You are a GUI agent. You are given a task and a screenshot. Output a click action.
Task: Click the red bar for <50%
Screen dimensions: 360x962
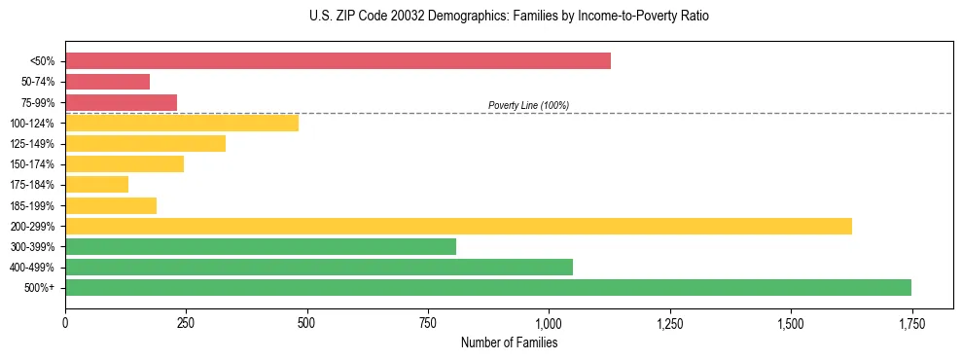point(338,61)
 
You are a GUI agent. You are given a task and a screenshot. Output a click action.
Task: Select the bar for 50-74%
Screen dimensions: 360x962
point(107,82)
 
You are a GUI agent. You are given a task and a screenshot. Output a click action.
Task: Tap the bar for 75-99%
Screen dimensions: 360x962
point(121,102)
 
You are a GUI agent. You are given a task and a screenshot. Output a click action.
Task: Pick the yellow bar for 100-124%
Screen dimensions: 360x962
point(182,123)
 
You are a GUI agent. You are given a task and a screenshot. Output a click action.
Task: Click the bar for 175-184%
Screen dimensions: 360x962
point(96,185)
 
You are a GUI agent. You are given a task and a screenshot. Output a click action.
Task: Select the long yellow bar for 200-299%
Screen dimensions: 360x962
point(458,226)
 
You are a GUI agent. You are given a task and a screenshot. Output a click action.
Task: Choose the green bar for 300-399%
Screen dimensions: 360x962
point(260,246)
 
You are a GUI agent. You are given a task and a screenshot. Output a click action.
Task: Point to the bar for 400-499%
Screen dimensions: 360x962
point(318,267)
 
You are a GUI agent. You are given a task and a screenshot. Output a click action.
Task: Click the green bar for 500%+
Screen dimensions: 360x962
point(487,287)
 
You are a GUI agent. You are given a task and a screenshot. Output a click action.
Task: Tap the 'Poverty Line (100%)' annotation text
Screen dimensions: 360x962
point(528,105)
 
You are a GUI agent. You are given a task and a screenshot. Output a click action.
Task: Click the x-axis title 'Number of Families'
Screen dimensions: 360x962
point(509,342)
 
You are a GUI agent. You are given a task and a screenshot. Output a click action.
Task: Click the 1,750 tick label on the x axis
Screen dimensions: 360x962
point(911,322)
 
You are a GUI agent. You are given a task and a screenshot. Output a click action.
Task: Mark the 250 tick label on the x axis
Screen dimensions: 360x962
point(186,322)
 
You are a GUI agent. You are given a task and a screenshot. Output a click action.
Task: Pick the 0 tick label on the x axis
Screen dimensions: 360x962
point(65,322)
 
